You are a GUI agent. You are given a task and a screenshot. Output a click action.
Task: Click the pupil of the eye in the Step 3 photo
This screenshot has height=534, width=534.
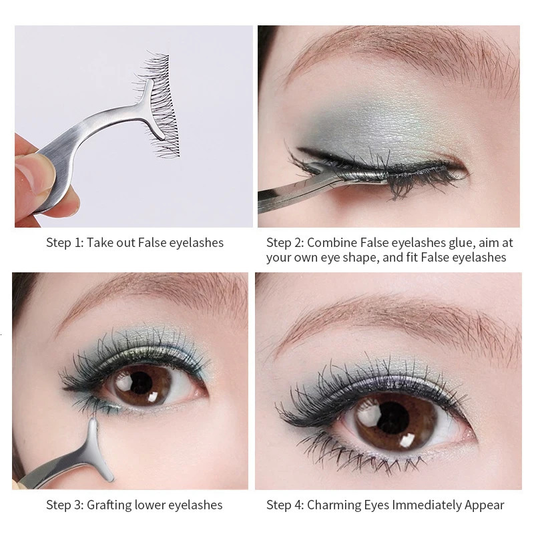[x=142, y=382]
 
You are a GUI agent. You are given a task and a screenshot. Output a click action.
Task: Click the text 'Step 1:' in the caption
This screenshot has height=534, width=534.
[x=65, y=242]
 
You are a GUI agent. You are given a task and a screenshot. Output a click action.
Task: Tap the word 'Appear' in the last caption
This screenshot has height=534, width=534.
[x=486, y=505]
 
